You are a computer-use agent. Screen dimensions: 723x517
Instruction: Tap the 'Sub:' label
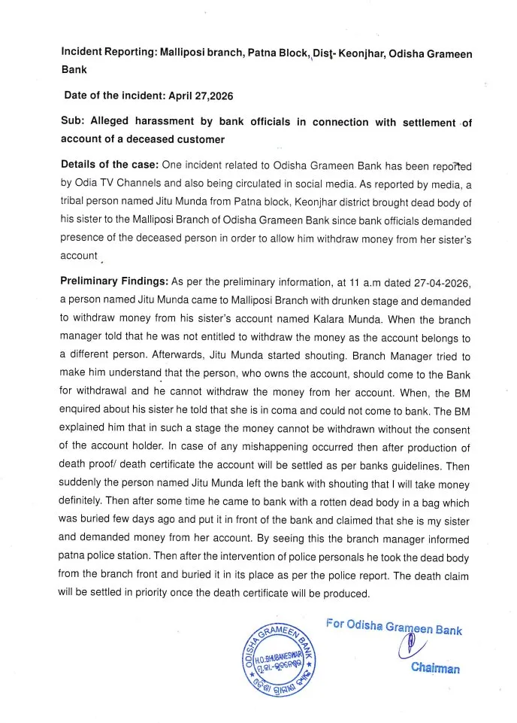(73, 122)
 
